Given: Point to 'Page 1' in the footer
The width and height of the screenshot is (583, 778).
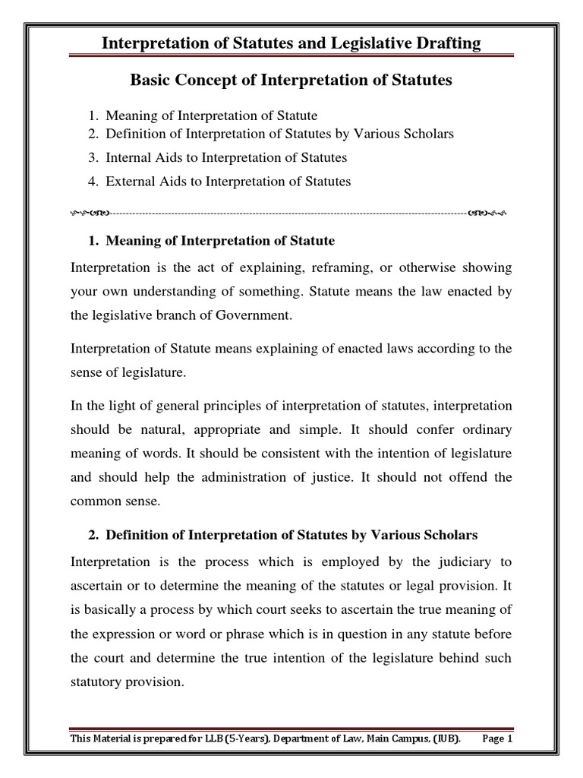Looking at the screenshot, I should (498, 738).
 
